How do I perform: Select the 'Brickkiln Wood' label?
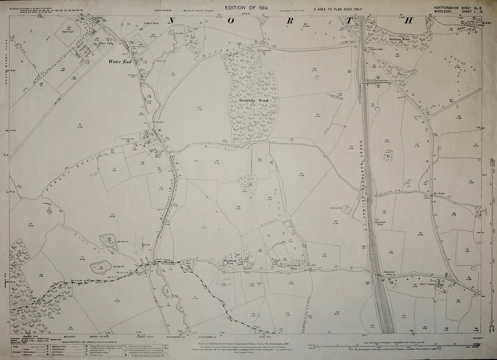pyautogui.click(x=254, y=100)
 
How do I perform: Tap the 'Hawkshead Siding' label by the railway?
pyautogui.click(x=380, y=223)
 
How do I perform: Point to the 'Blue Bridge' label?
pyautogui.click(x=439, y=194)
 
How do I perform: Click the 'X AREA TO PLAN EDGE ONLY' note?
pyautogui.click(x=338, y=8)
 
